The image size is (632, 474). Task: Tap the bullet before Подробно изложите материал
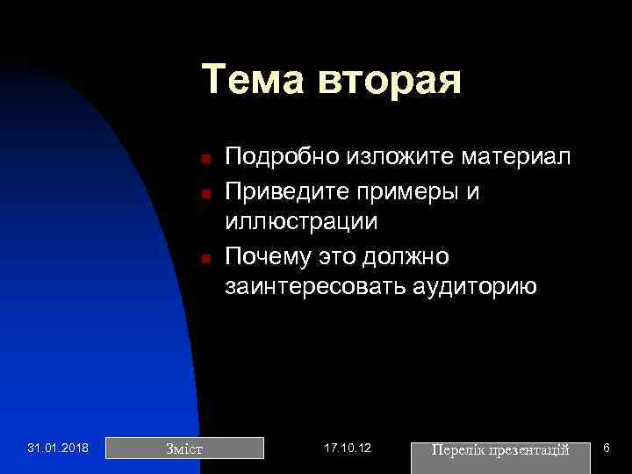[x=202, y=160]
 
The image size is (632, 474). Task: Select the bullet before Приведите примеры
[x=202, y=193]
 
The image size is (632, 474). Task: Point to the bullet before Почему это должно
[x=202, y=259]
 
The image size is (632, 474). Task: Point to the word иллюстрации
[x=301, y=222]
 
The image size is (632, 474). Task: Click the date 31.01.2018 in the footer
[x=58, y=449]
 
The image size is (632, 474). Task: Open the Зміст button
[x=184, y=449]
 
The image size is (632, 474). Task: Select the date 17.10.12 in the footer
[x=348, y=449]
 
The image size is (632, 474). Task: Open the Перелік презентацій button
[x=500, y=449]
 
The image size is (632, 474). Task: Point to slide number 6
[x=607, y=449]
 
